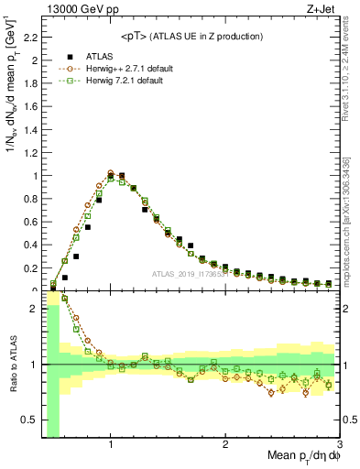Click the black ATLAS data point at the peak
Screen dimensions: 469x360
[x=122, y=176]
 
